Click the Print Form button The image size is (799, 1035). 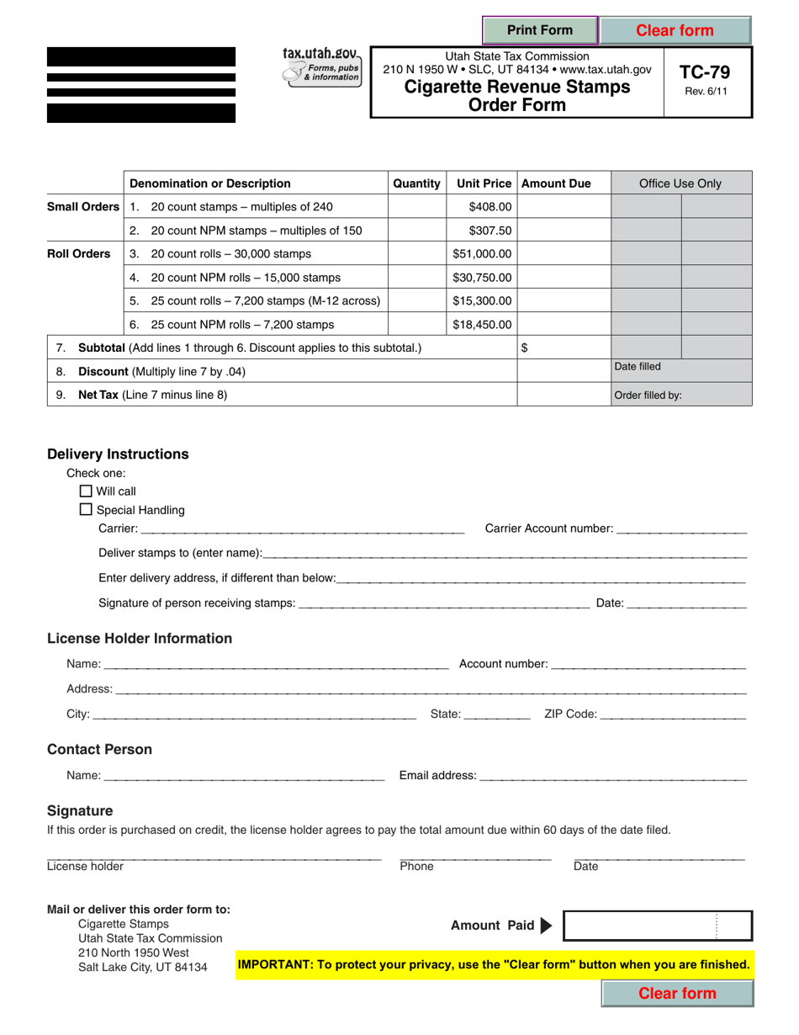[x=539, y=30]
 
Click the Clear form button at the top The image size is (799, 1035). [x=675, y=30]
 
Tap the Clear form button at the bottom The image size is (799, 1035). [x=677, y=993]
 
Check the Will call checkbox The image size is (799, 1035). [x=85, y=491]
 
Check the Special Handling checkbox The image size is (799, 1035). [x=85, y=509]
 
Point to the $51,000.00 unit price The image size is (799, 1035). [x=481, y=253]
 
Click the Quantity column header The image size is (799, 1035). [x=416, y=183]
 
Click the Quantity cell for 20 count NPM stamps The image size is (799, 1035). [x=416, y=231]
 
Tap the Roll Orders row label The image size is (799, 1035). [x=78, y=253]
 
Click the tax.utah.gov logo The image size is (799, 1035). [x=321, y=66]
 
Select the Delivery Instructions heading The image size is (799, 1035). [x=118, y=454]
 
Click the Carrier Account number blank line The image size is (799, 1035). [x=681, y=528]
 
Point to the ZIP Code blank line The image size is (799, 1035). [x=673, y=714]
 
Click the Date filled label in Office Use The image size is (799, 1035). [x=638, y=366]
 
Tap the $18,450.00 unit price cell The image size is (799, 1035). [x=481, y=324]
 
